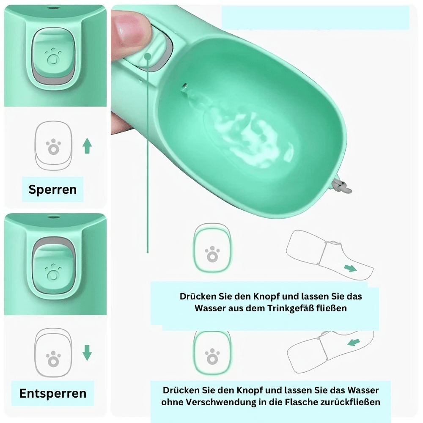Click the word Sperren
pyautogui.click(x=52, y=190)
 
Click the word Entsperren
pyautogui.click(x=53, y=393)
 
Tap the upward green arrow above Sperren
pyautogui.click(x=87, y=146)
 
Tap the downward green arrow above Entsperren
pyautogui.click(x=87, y=353)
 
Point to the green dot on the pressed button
pyautogui.click(x=148, y=56)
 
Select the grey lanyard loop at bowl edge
pyautogui.click(x=342, y=186)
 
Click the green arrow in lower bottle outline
pyautogui.click(x=354, y=342)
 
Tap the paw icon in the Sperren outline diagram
pyautogui.click(x=53, y=147)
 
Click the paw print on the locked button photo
pyautogui.click(x=53, y=57)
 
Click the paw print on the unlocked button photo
pyautogui.click(x=53, y=272)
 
